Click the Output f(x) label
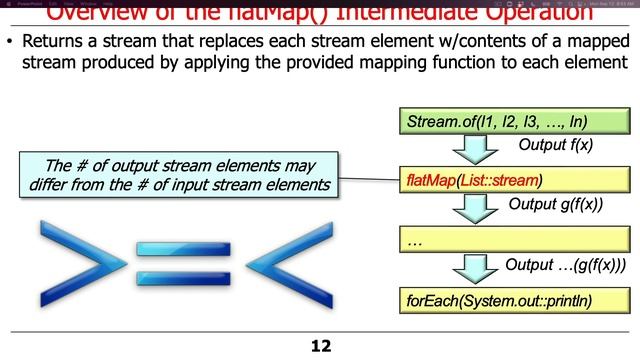pyautogui.click(x=556, y=145)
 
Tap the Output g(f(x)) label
pyautogui.click(x=561, y=205)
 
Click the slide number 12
pyautogui.click(x=320, y=346)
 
